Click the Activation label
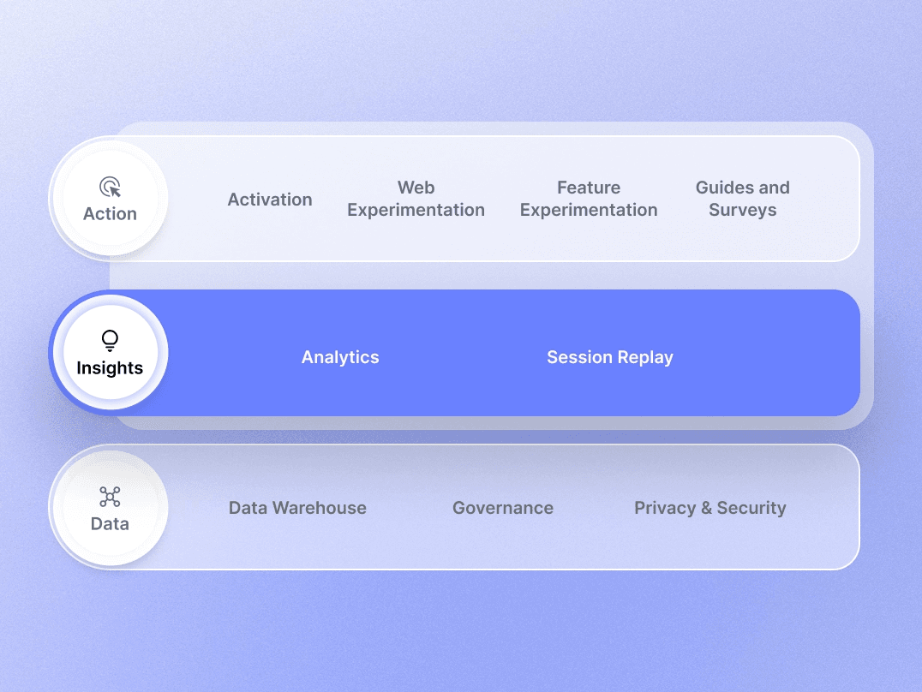point(270,200)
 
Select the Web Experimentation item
point(416,199)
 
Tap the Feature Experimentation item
point(589,199)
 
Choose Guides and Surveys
point(742,199)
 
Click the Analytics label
point(340,357)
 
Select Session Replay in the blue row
point(610,357)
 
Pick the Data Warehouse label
point(297,508)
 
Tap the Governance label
point(503,508)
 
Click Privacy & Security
point(709,508)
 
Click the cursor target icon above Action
point(110,187)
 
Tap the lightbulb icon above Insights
point(110,341)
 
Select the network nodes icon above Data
point(110,497)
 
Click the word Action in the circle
point(110,214)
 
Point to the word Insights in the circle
point(110,368)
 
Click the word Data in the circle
point(110,524)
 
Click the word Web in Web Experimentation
point(416,188)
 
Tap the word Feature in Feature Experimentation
point(589,188)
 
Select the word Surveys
point(742,210)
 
